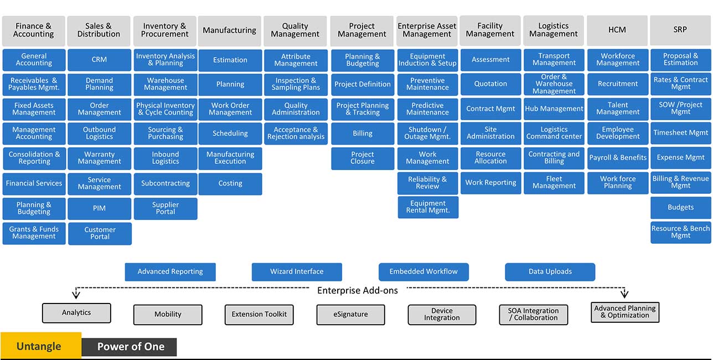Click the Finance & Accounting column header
[x=34, y=30]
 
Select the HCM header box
[x=617, y=30]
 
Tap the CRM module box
[x=100, y=60]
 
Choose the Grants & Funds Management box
[x=34, y=233]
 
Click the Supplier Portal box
[x=166, y=208]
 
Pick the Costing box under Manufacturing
[x=230, y=183]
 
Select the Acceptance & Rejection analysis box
[x=296, y=133]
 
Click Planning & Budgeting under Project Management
[x=363, y=60]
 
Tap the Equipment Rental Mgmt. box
[x=428, y=207]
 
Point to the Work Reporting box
[x=490, y=183]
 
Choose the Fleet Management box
[x=554, y=183]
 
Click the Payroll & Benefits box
[x=618, y=158]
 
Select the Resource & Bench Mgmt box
[x=681, y=232]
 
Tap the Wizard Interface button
[x=297, y=272]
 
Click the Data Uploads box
[x=550, y=272]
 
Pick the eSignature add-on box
[x=350, y=315]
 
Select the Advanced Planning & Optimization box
[x=625, y=312]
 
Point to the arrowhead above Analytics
[x=76, y=295]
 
